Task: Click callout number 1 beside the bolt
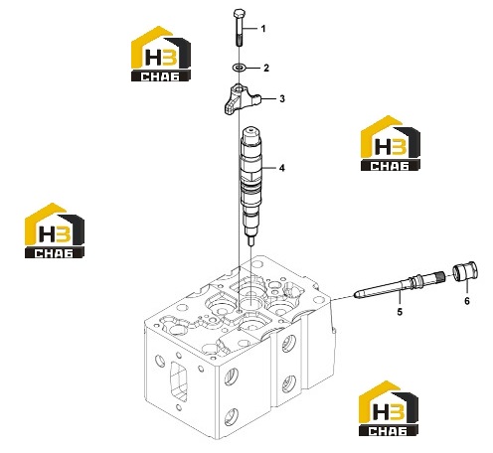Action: pyautogui.click(x=263, y=29)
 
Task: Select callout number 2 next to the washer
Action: pyautogui.click(x=266, y=69)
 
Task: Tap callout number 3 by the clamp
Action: pyautogui.click(x=282, y=98)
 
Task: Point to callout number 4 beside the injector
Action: pyautogui.click(x=281, y=168)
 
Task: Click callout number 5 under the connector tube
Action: pyautogui.click(x=400, y=312)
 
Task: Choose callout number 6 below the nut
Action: pyautogui.click(x=467, y=301)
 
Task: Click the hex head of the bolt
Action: pyautogui.click(x=239, y=14)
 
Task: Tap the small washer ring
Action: pyautogui.click(x=239, y=68)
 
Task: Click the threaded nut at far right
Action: pyautogui.click(x=465, y=272)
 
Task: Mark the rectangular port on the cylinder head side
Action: pyautogui.click(x=179, y=380)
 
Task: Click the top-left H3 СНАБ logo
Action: pyautogui.click(x=161, y=54)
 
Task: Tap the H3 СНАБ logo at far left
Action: pyautogui.click(x=55, y=230)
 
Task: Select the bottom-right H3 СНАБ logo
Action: pyautogui.click(x=389, y=408)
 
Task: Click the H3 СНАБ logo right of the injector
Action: pyautogui.click(x=391, y=143)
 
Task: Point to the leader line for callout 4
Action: pyautogui.click(x=269, y=168)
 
